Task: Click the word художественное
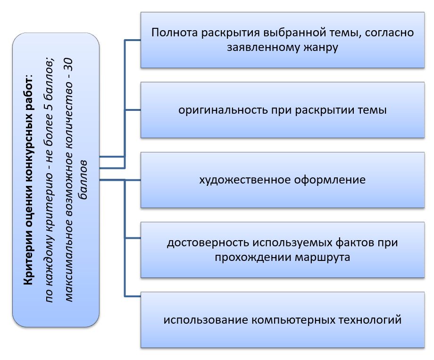pos(239,180)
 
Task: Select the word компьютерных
pos(284,320)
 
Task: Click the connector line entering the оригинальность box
pos(133,110)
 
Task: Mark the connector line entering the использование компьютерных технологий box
pos(133,296)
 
